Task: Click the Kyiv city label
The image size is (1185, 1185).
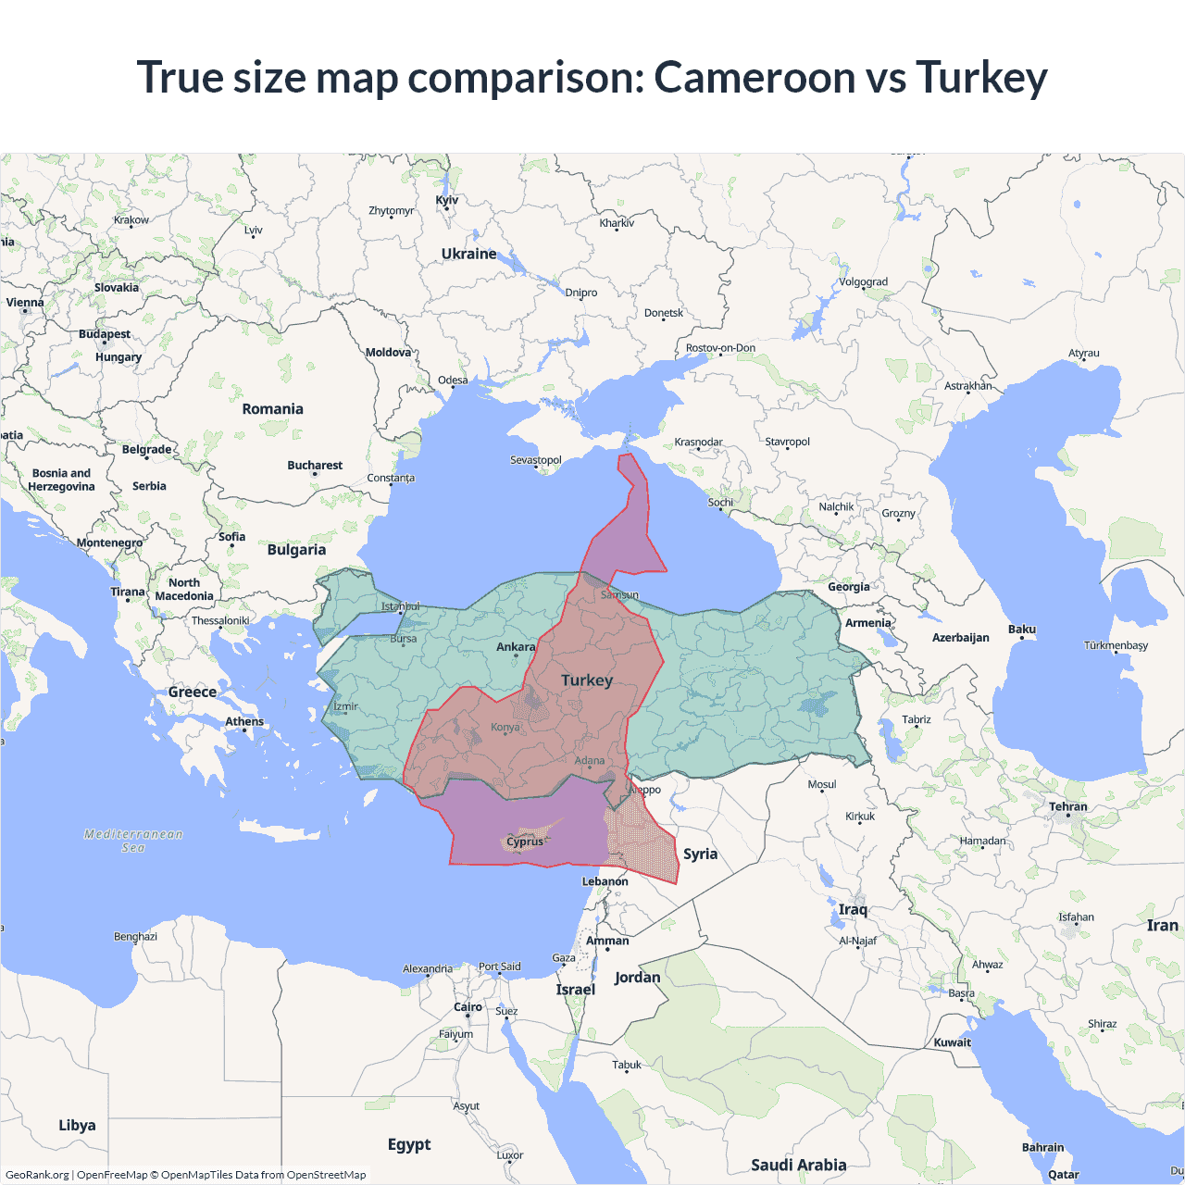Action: pyautogui.click(x=446, y=200)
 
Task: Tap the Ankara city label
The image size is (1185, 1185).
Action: pyautogui.click(x=516, y=647)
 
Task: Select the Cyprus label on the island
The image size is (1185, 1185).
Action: pyautogui.click(x=525, y=842)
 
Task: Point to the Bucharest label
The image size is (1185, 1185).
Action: pyautogui.click(x=315, y=466)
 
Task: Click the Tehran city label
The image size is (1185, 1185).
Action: pyautogui.click(x=1067, y=806)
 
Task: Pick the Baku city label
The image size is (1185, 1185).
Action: pyautogui.click(x=1022, y=630)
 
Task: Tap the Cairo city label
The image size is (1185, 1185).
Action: pyautogui.click(x=468, y=1007)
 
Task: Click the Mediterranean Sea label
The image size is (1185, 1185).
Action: pyautogui.click(x=133, y=841)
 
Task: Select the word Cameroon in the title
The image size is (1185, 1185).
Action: pyautogui.click(x=755, y=77)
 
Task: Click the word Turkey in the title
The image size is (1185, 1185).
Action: pyautogui.click(x=981, y=77)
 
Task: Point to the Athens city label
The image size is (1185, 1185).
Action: pyautogui.click(x=244, y=721)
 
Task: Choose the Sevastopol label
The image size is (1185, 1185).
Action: pyautogui.click(x=536, y=460)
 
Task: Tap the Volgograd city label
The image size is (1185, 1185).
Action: pyautogui.click(x=863, y=282)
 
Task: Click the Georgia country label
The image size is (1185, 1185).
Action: pyautogui.click(x=848, y=587)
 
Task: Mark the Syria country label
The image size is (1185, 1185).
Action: pyautogui.click(x=700, y=854)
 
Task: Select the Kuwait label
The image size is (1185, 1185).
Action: pyautogui.click(x=953, y=1042)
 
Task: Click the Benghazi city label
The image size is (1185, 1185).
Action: pyautogui.click(x=135, y=937)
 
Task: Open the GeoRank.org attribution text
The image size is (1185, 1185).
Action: pyautogui.click(x=37, y=1175)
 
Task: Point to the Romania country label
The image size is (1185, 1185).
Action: pyautogui.click(x=272, y=409)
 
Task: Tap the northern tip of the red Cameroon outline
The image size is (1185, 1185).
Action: pyautogui.click(x=627, y=455)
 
